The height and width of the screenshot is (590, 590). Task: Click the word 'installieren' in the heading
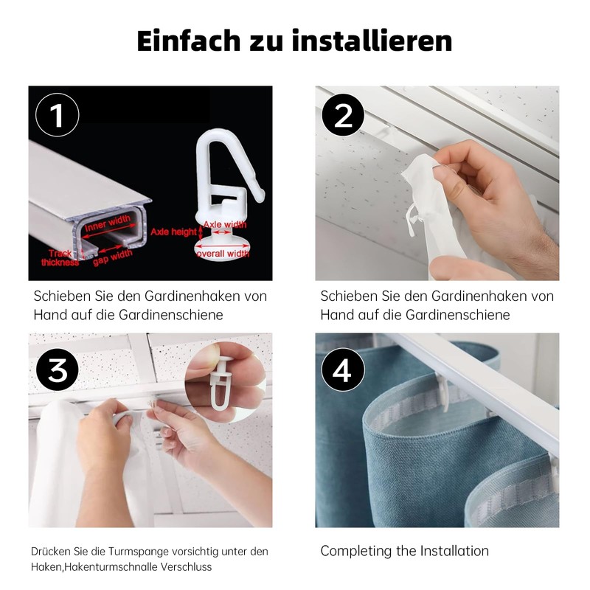pyautogui.click(x=372, y=41)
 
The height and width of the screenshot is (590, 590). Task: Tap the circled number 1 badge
pyautogui.click(x=58, y=115)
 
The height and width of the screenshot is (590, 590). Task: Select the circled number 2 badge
pyautogui.click(x=343, y=115)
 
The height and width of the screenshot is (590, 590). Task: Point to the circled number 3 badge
pyautogui.click(x=58, y=369)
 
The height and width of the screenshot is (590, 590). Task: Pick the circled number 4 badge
pyautogui.click(x=343, y=369)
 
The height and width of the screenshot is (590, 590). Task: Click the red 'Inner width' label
pyautogui.click(x=108, y=223)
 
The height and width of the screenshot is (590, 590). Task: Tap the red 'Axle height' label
pyautogui.click(x=173, y=232)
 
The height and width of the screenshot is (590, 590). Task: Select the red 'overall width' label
pyautogui.click(x=223, y=253)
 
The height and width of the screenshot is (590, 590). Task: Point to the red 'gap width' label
pyautogui.click(x=113, y=257)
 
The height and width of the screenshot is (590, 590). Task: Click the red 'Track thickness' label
pyautogui.click(x=60, y=257)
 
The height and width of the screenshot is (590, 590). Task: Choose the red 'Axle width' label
pyautogui.click(x=225, y=225)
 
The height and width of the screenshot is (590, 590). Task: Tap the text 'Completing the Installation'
pyautogui.click(x=404, y=551)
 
